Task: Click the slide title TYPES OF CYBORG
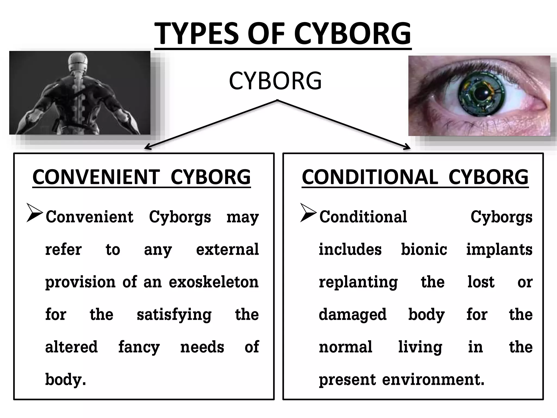[x=283, y=34]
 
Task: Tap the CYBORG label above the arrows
[x=275, y=81]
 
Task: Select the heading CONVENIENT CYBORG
[x=141, y=177]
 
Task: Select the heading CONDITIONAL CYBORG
[x=415, y=177]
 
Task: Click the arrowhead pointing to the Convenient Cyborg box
[x=147, y=148]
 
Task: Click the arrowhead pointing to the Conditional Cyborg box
[x=408, y=148]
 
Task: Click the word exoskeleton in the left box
[x=213, y=282]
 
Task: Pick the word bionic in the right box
[x=424, y=249]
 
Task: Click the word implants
[x=499, y=250]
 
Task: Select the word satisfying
[x=174, y=315]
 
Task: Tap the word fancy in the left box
[x=139, y=348]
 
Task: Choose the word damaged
[x=352, y=315]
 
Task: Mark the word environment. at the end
[x=433, y=380]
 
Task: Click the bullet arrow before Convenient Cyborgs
[x=35, y=213]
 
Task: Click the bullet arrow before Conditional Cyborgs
[x=308, y=213]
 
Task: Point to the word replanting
[x=358, y=282]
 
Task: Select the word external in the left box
[x=227, y=249]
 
